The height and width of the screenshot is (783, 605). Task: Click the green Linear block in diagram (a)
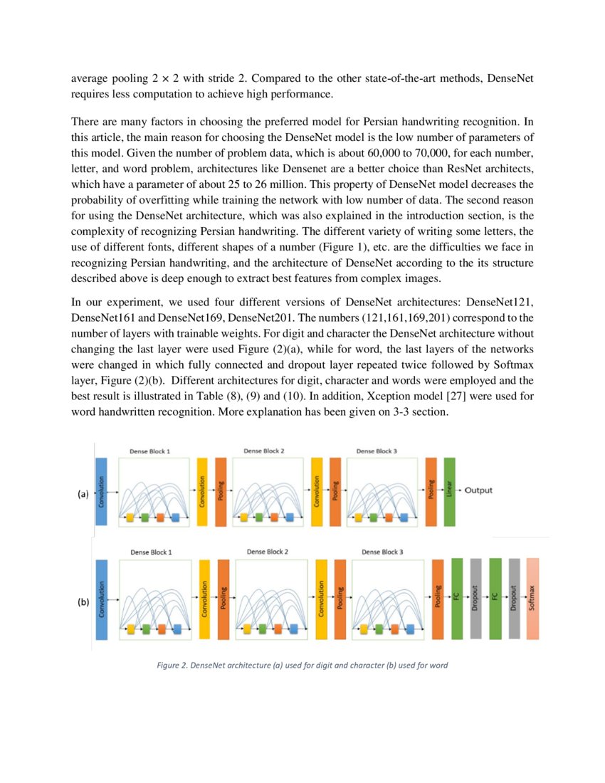tap(449, 492)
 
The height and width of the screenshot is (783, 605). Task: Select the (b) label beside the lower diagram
tap(83, 602)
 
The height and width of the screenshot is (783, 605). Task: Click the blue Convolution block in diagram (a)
tap(100, 492)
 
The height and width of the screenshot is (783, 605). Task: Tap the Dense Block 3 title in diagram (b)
tap(381, 552)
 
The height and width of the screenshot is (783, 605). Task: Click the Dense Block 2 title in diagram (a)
tap(263, 451)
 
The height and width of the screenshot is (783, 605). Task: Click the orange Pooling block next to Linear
tap(431, 492)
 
